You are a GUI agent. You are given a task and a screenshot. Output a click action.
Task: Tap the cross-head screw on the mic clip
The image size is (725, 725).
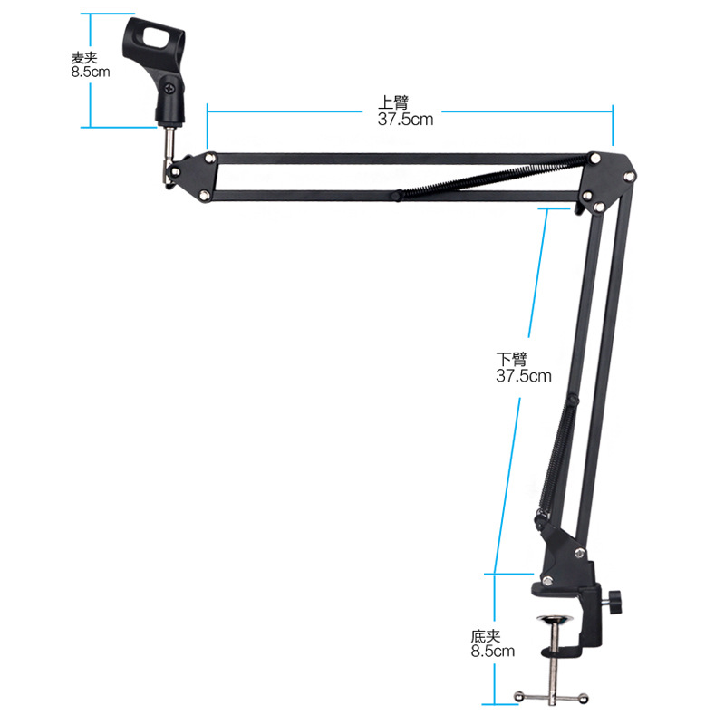(170, 88)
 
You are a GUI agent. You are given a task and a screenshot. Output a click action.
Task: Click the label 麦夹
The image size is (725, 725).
(84, 58)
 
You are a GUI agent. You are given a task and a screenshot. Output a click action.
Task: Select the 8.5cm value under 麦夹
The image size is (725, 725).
(91, 72)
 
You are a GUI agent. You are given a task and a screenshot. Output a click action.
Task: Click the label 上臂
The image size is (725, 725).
(393, 101)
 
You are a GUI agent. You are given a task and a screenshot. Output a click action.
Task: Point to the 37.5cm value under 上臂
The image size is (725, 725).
(405, 119)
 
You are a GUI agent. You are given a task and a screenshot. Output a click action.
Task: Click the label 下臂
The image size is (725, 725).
(512, 359)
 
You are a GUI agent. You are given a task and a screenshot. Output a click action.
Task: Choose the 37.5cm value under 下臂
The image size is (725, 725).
(524, 375)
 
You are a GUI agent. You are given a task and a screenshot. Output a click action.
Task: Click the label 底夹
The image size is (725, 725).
(486, 637)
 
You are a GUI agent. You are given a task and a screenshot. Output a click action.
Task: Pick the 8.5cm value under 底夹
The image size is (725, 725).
(492, 651)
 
